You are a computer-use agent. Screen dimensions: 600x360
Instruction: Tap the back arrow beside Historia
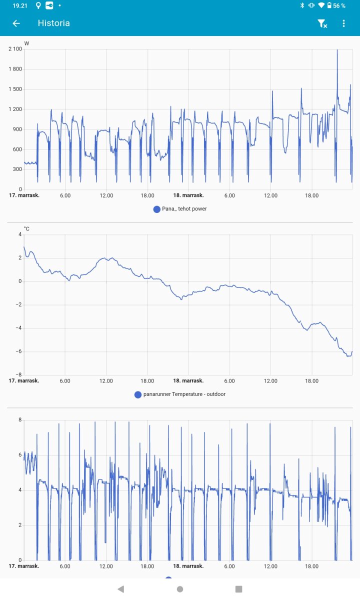pyautogui.click(x=16, y=23)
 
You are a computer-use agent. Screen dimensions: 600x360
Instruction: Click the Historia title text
pyautogui.click(x=53, y=23)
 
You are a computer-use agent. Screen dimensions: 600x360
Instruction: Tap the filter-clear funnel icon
pyautogui.click(x=322, y=23)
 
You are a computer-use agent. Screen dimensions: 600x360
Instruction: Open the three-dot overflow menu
pyautogui.click(x=343, y=23)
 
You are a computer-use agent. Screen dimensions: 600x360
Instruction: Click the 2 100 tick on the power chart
pyautogui.click(x=15, y=49)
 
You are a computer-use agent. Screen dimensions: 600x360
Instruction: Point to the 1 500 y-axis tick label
pyautogui.click(x=15, y=89)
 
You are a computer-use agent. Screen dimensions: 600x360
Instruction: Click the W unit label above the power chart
pyautogui.click(x=26, y=43)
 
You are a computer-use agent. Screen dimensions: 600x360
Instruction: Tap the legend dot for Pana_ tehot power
pyautogui.click(x=157, y=209)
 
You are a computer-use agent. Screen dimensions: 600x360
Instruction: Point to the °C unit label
pyautogui.click(x=26, y=228)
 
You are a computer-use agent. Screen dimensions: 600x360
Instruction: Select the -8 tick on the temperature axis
pyautogui.click(x=19, y=374)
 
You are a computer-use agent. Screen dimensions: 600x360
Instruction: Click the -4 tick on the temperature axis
pyautogui.click(x=19, y=328)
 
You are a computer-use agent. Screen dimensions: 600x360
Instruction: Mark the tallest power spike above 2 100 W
pyautogui.click(x=337, y=50)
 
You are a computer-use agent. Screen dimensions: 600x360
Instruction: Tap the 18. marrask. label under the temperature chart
pyautogui.click(x=188, y=380)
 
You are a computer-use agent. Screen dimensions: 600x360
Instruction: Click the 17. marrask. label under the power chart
pyautogui.click(x=24, y=195)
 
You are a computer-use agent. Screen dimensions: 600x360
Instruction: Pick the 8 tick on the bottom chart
pyautogui.click(x=20, y=419)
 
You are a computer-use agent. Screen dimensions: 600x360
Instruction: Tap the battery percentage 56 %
pyautogui.click(x=339, y=5)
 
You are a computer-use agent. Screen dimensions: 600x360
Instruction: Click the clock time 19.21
pyautogui.click(x=19, y=5)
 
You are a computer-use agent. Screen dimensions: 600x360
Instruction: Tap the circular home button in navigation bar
pyautogui.click(x=180, y=589)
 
